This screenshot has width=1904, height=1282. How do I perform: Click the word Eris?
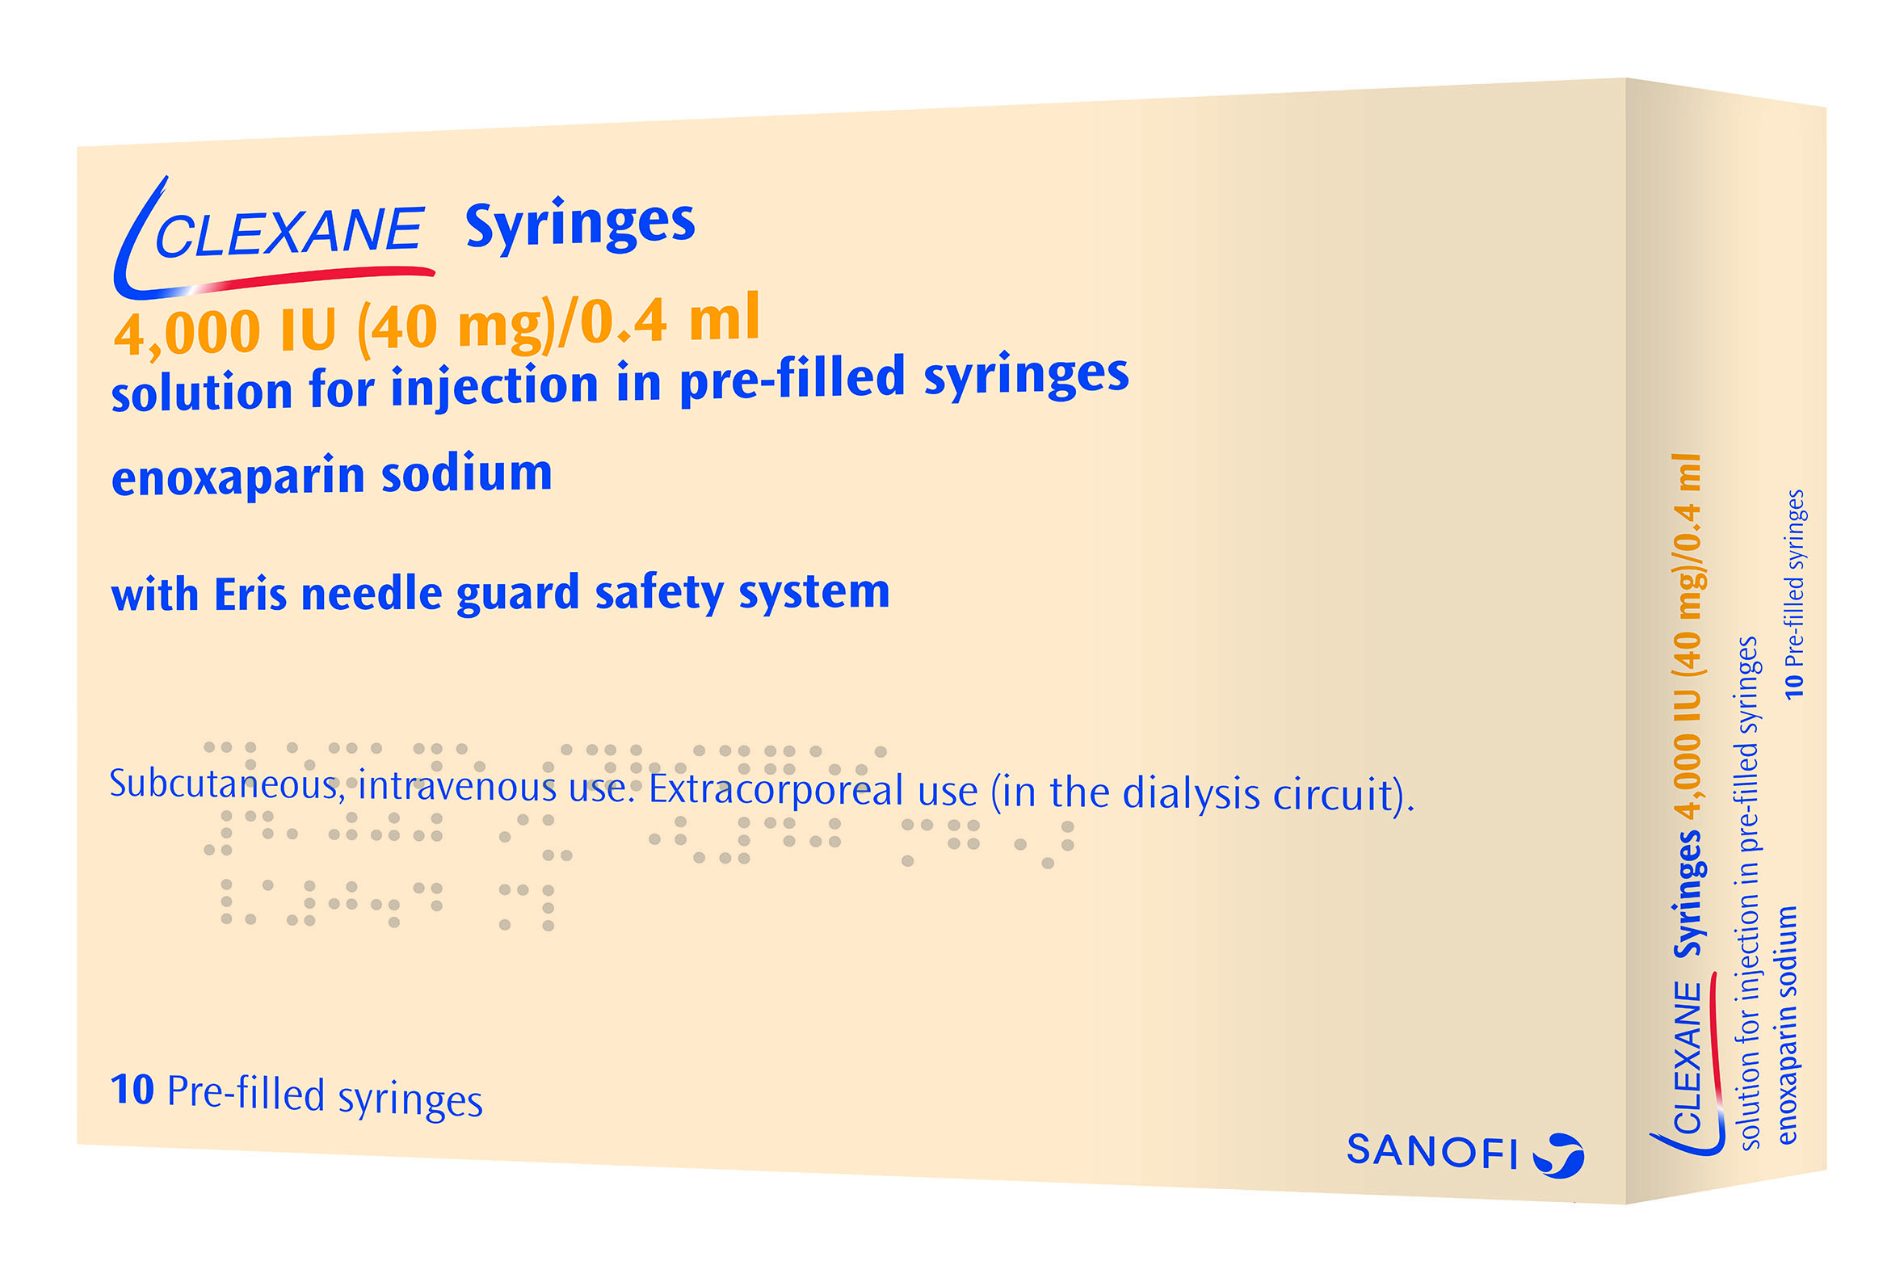coord(250,595)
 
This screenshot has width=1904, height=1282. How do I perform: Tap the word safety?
coord(660,593)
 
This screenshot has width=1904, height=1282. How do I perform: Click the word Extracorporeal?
coord(813,791)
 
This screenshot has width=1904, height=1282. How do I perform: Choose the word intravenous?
coord(458,787)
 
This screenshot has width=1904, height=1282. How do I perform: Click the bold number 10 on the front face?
coord(132,1089)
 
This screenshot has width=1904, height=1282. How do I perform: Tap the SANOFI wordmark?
coord(1431,1151)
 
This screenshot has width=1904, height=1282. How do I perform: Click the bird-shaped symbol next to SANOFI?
coord(1558,1155)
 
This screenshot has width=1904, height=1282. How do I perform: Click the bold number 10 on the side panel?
coord(1793,685)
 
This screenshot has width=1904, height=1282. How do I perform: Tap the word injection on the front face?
coord(494,387)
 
